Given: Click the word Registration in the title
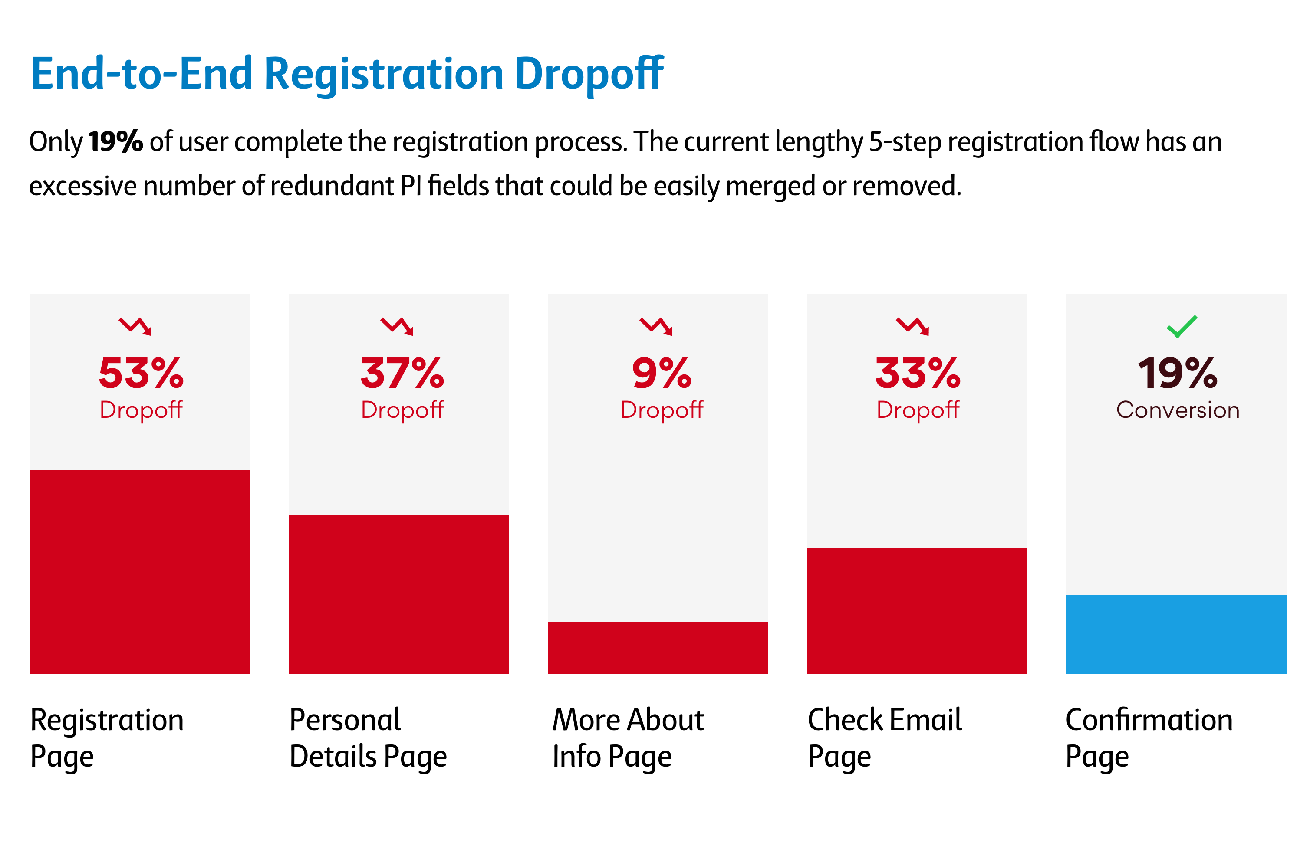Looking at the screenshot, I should point(384,74).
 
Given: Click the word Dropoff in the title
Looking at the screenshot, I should point(589,74).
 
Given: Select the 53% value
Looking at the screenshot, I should point(141,373).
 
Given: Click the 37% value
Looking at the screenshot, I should point(402,373).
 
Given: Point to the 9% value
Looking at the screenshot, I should point(661,373).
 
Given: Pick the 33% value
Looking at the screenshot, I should point(918,373).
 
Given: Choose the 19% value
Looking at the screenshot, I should point(1177,373).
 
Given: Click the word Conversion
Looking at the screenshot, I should point(1177,410).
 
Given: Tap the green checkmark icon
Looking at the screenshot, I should point(1182,326).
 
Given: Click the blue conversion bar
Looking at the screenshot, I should point(1176,634).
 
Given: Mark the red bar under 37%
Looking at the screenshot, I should point(399,594).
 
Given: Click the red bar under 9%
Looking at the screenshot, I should point(658,648).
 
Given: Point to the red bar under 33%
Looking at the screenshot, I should point(917,611).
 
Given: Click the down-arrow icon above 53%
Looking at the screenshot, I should point(135,326).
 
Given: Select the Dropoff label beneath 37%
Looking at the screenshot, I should point(402,410).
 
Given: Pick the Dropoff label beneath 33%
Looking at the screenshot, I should point(918,410).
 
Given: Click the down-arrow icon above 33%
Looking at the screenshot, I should point(912,326).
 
